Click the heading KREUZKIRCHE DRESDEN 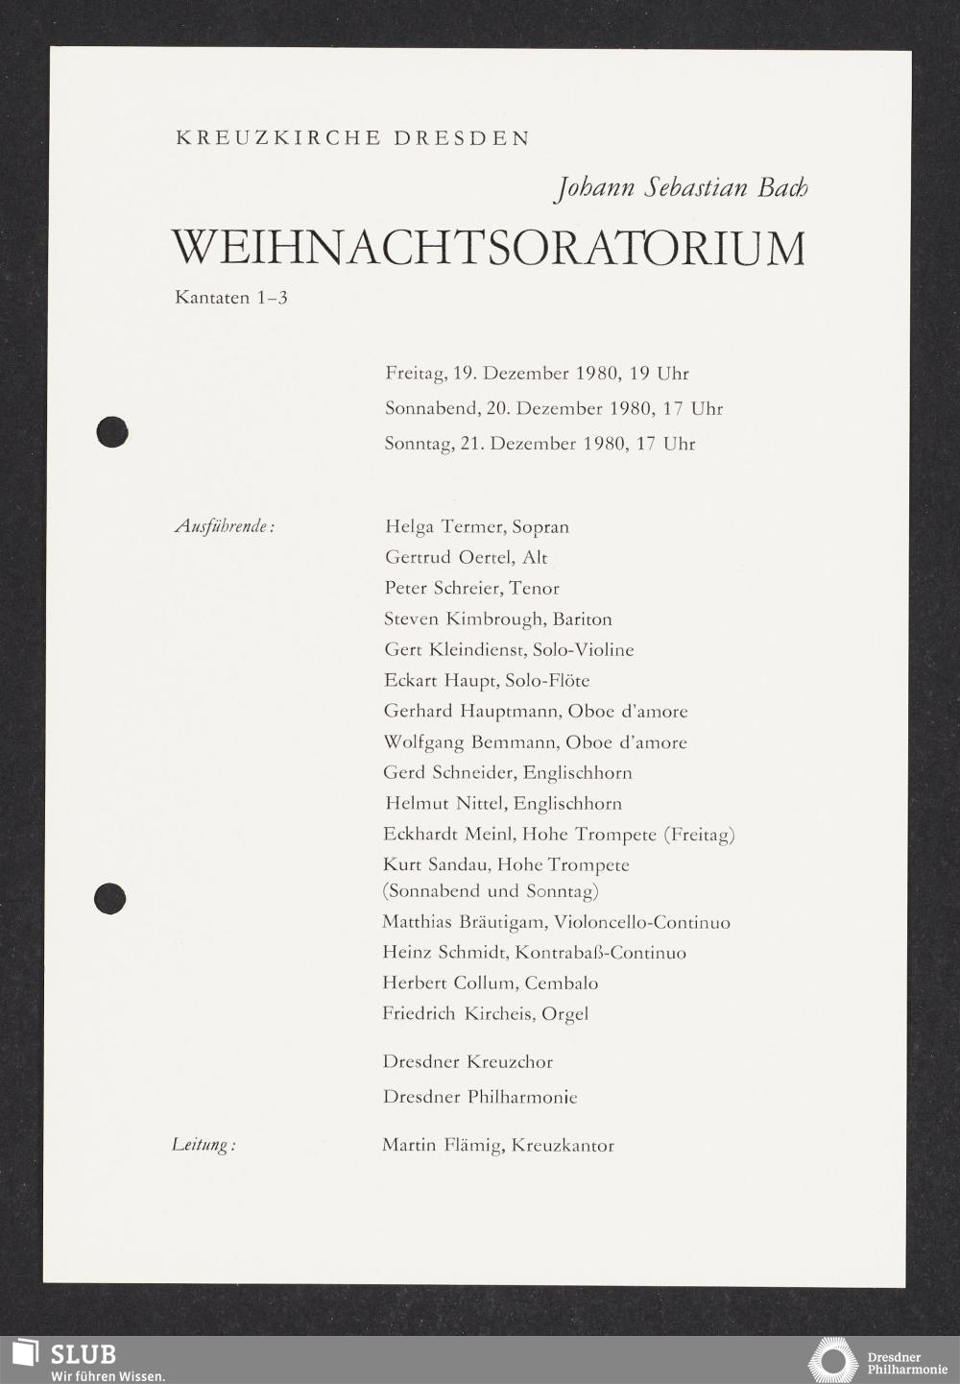point(352,138)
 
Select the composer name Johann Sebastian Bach point(681,186)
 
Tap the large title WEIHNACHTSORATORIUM point(489,248)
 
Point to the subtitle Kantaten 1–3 point(231,298)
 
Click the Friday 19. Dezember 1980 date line point(537,374)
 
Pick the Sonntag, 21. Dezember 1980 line point(540,444)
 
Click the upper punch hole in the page point(112,431)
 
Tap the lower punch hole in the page point(110,898)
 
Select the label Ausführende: point(225,527)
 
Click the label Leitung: point(204,1145)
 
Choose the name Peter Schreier point(443,588)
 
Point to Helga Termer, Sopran point(476,527)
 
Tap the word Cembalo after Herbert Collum point(561,983)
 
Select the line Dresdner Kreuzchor point(468,1062)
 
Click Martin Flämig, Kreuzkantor point(497,1145)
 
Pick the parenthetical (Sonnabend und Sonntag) point(491,891)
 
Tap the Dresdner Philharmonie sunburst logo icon point(832,1360)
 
